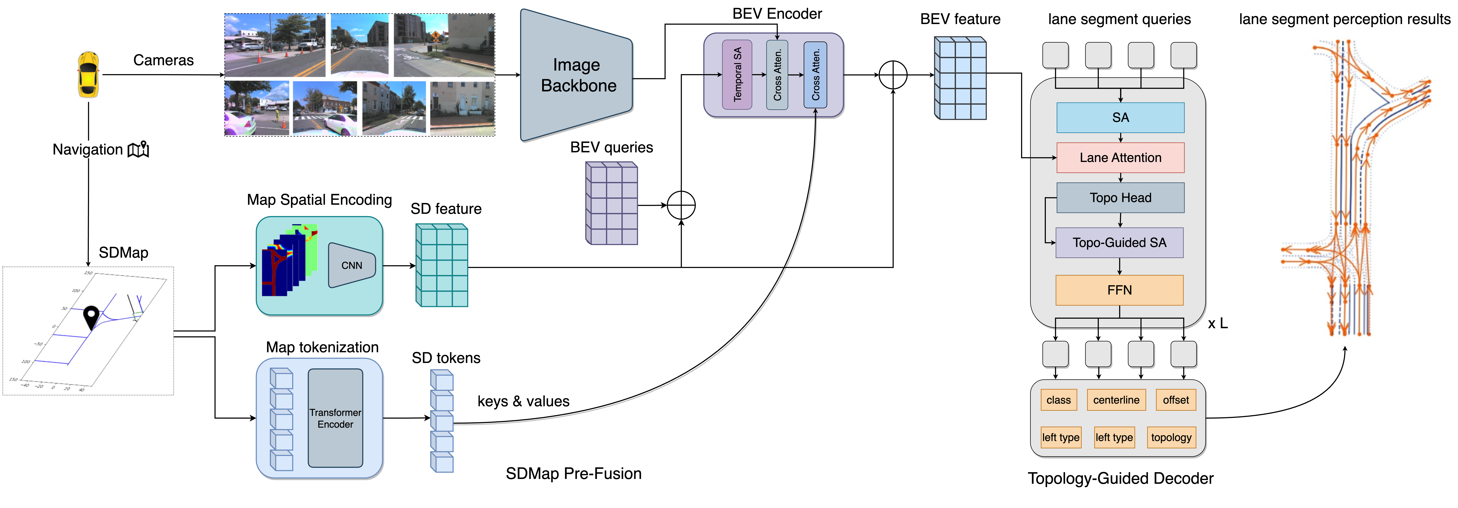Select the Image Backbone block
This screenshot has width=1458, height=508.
[576, 75]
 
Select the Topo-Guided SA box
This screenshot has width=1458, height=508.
[1119, 242]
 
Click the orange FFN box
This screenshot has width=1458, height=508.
[1119, 290]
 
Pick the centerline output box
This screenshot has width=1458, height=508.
[1116, 400]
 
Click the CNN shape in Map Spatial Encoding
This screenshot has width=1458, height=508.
[351, 265]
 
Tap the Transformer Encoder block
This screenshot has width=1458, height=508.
[335, 418]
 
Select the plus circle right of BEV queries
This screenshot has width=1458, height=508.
[681, 205]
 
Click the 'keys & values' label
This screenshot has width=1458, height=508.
[523, 401]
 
